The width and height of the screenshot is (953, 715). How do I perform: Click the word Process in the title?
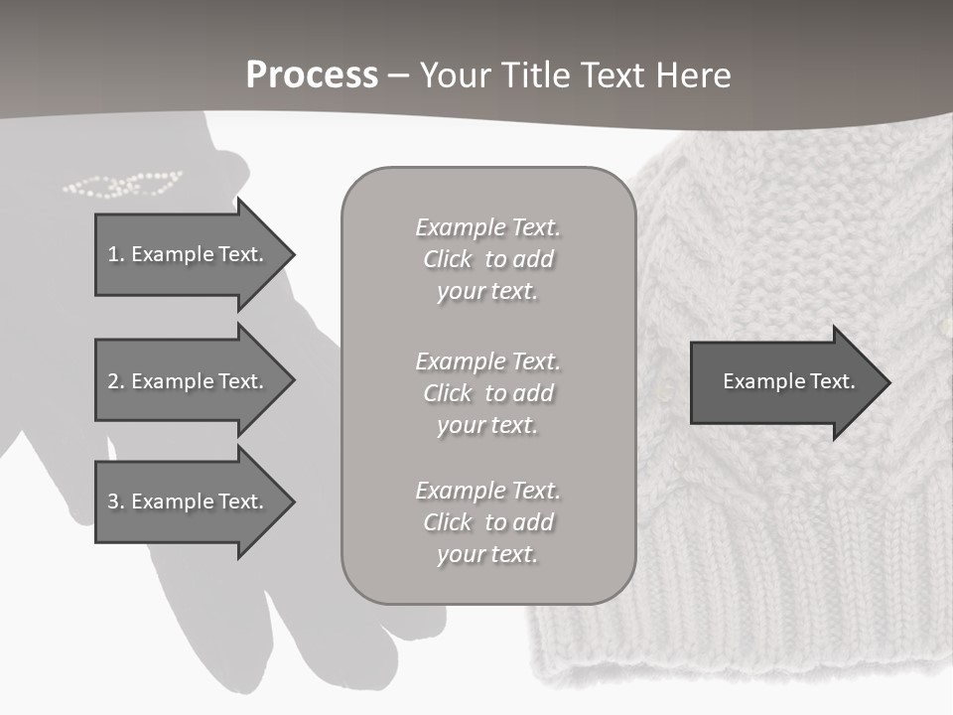point(312,75)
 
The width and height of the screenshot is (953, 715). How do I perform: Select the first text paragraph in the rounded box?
point(487,259)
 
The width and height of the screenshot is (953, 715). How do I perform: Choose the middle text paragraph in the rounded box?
point(487,393)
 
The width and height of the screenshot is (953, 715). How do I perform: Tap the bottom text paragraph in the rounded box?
point(487,522)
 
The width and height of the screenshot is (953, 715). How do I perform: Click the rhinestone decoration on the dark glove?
point(123,184)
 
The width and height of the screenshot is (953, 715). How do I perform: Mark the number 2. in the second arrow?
point(116,381)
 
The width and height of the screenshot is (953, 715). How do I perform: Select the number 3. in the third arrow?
point(116,501)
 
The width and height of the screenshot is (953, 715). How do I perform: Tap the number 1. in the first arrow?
point(116,254)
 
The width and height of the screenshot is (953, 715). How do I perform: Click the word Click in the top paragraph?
point(447,259)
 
